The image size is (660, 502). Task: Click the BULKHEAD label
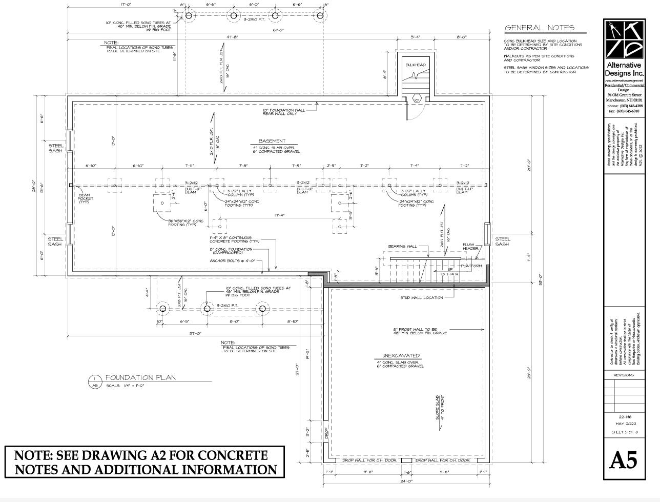click(415, 65)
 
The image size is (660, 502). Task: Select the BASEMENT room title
click(272, 141)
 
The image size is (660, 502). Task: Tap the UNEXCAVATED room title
click(401, 355)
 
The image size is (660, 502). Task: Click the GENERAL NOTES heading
click(540, 28)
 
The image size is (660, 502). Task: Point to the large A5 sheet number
click(623, 460)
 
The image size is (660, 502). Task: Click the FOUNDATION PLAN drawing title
click(140, 378)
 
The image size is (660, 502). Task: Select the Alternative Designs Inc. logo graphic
click(623, 39)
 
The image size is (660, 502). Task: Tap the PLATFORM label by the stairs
click(471, 266)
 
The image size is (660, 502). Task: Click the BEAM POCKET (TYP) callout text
click(85, 198)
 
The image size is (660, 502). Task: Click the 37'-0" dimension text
click(195, 333)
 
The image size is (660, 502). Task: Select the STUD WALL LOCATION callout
click(421, 298)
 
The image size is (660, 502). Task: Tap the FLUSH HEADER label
click(470, 247)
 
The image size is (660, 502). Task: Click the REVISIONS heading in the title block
click(623, 375)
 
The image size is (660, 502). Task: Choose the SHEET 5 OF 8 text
click(623, 432)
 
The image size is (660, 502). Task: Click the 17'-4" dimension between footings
click(279, 215)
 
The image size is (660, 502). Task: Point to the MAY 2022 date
click(623, 424)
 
